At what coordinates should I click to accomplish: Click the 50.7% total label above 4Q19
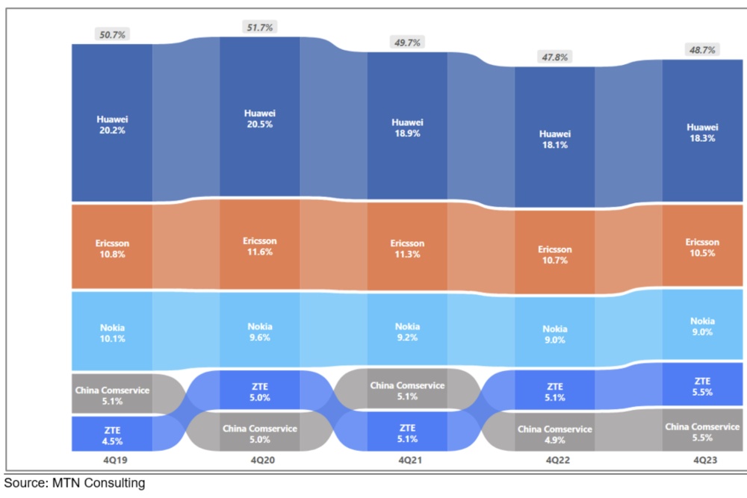111,34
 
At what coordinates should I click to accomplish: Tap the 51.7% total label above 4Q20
259,27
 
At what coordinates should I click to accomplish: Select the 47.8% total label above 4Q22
554,57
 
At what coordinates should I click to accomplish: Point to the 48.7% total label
702,50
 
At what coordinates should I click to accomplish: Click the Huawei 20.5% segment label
259,119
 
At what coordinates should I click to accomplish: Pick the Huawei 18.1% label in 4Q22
554,140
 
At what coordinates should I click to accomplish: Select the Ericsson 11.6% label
259,246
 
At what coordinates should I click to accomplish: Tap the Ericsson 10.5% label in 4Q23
702,247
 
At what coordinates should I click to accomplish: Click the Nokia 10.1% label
111,332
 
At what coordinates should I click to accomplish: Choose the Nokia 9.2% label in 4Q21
407,332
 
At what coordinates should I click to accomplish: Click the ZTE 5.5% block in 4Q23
702,386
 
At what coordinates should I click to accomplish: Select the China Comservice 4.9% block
554,434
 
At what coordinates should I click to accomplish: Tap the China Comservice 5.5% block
702,432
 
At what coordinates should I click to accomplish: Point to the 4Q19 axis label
111,461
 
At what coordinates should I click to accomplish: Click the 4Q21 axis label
407,461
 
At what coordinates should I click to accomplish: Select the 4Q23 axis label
702,461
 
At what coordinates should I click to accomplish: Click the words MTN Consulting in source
99,483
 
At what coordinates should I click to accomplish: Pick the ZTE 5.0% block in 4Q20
259,391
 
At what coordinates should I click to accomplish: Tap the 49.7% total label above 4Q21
407,43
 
